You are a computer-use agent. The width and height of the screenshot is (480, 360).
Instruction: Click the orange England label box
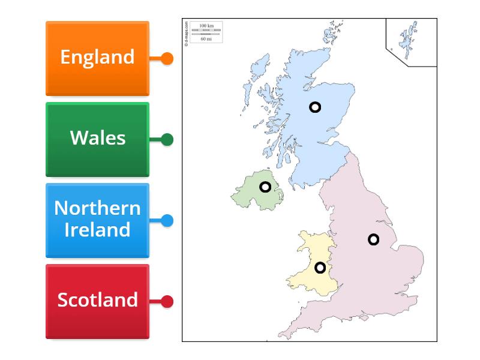97,58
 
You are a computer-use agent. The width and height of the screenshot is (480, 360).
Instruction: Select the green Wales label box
97,139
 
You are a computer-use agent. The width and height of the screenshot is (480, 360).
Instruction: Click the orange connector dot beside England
167,59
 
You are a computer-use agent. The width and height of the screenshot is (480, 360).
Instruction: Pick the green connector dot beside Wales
167,140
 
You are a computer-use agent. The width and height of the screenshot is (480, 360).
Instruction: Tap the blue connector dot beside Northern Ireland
167,221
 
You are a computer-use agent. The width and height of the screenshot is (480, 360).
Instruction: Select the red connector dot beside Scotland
167,302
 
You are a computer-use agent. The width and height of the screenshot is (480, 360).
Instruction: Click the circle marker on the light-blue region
315,107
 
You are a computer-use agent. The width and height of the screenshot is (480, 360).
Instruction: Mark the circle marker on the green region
265,187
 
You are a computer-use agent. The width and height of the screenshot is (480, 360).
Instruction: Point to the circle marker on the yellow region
320,268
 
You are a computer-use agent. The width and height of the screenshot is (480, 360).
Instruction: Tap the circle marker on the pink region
373,239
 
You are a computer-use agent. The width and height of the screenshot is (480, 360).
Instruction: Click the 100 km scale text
206,26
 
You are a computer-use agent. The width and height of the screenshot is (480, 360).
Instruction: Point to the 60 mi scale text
206,39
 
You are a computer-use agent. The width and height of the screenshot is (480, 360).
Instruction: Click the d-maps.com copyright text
187,34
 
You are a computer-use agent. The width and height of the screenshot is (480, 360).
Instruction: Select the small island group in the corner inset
409,39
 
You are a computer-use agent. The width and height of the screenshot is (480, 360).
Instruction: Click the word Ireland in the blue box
97,230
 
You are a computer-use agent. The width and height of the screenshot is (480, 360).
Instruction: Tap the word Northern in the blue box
97,208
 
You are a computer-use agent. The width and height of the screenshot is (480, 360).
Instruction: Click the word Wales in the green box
97,138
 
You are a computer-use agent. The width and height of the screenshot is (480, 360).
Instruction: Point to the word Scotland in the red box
97,300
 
